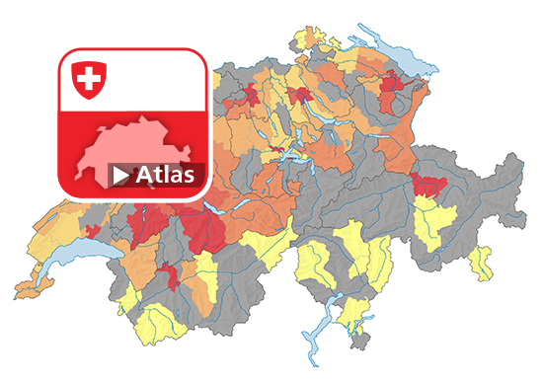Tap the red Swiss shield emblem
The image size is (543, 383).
[88, 80]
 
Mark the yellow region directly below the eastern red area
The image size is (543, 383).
[434, 222]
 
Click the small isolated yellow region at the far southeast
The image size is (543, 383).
[483, 262]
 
